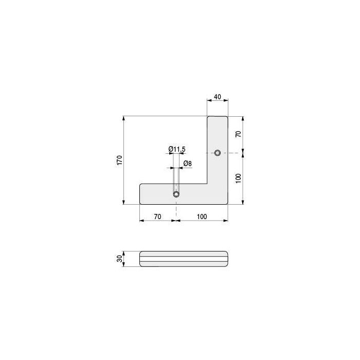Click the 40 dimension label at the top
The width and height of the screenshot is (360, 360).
217,97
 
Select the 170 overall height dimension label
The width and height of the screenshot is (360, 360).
119,160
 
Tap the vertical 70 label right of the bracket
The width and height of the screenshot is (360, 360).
238,134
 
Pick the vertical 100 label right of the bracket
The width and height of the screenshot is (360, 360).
238,178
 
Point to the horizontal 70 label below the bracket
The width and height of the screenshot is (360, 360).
157,217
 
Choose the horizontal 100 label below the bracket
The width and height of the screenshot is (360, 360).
202,217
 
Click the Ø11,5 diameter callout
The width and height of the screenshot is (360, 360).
176,149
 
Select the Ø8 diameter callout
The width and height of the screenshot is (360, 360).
188,164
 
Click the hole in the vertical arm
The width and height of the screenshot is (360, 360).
218,153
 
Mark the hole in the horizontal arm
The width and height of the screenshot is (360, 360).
176,194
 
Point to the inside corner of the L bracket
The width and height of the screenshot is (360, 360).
207,184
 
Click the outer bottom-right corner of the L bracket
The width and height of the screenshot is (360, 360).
227,203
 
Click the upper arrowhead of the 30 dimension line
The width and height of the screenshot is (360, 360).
124,253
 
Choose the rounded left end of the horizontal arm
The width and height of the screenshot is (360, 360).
141,194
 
